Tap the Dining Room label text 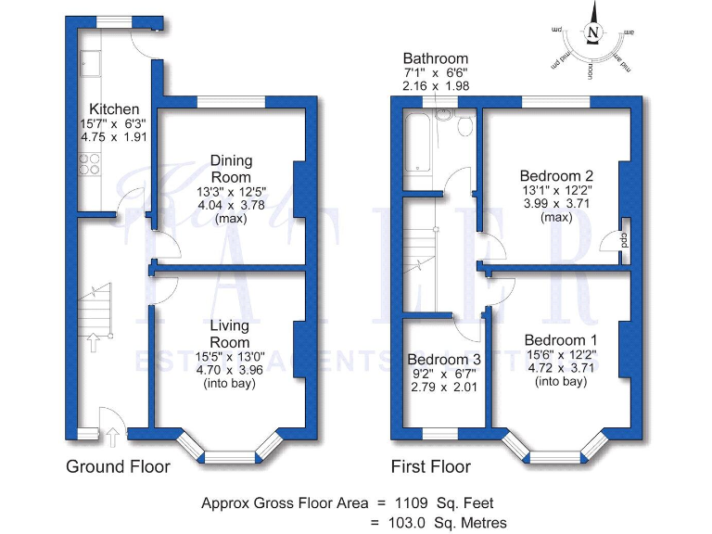point(230,168)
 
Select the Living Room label point(229,334)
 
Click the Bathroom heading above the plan point(435,58)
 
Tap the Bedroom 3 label point(444,360)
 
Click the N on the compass point(592,32)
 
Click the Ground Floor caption point(118,466)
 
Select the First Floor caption point(430,466)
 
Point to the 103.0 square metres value point(410,523)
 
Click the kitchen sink point(91,63)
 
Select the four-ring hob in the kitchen point(90,163)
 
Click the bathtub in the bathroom point(418,141)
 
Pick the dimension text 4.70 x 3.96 point(229,368)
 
